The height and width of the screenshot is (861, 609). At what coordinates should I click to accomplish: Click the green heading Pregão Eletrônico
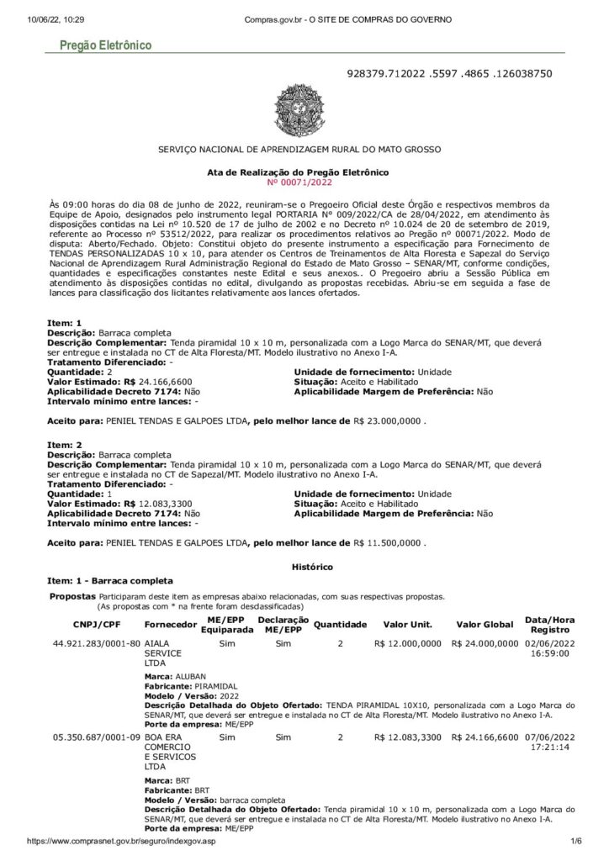[x=105, y=45]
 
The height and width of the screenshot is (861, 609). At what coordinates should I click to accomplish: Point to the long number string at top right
[x=449, y=74]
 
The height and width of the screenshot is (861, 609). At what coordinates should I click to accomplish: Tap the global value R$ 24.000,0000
[x=485, y=643]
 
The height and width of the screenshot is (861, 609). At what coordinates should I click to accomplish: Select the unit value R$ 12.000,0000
[x=408, y=643]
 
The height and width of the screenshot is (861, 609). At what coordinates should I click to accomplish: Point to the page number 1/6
[x=576, y=841]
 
